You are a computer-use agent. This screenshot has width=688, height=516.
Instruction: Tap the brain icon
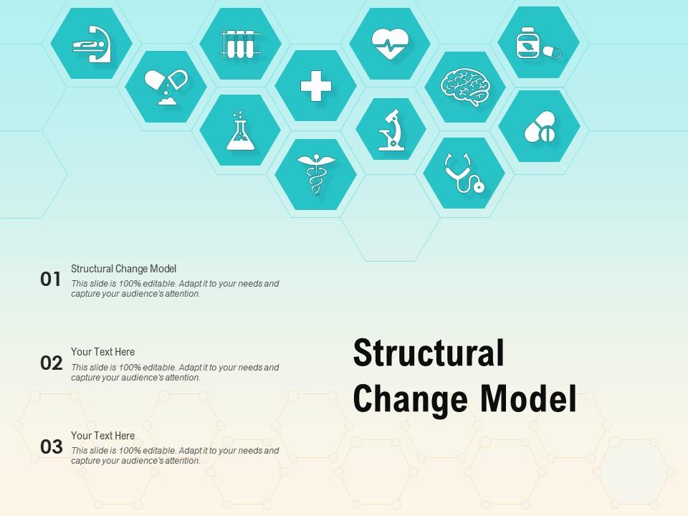[465, 87]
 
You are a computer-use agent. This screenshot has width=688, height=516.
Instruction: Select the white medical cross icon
[315, 87]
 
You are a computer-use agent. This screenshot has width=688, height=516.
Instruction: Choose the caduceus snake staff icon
[315, 174]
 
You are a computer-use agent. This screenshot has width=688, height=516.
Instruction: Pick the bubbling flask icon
[240, 130]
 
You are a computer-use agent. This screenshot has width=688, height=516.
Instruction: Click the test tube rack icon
[240, 43]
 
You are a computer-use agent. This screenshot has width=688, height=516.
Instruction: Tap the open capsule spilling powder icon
[166, 87]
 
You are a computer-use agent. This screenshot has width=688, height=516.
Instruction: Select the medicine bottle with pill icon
[538, 43]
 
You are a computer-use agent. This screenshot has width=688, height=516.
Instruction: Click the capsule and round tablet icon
[539, 127]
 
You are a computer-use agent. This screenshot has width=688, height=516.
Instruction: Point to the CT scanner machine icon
[91, 43]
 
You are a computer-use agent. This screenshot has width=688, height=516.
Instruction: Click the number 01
[51, 279]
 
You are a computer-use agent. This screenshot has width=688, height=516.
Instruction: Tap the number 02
[51, 363]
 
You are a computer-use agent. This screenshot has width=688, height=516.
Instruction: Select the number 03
[51, 447]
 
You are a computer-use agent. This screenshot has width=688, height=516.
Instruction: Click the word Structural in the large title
[429, 355]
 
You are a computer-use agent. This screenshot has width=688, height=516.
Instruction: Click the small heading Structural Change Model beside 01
[123, 269]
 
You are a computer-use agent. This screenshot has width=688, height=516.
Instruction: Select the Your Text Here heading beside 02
[102, 352]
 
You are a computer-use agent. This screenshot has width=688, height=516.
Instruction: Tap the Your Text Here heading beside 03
[102, 436]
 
